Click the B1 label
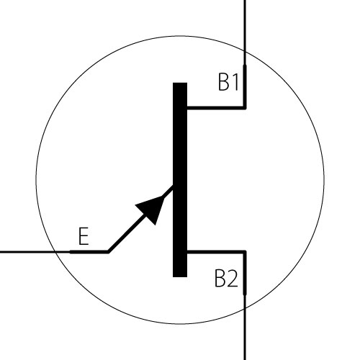pyautogui.click(x=228, y=82)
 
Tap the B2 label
pyautogui.click(x=226, y=279)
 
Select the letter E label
pyautogui.click(x=84, y=236)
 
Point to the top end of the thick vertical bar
pyautogui.click(x=180, y=83)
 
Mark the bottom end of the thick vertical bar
pyautogui.click(x=180, y=276)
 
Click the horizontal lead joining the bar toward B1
pyautogui.click(x=216, y=108)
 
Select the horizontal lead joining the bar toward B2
pyautogui.click(x=216, y=252)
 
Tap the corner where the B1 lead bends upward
pyautogui.click(x=245, y=108)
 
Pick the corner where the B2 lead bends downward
pyautogui.click(x=245, y=252)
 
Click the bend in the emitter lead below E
pyautogui.click(x=108, y=252)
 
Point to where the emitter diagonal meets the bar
pyautogui.click(x=173, y=186)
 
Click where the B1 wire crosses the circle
pyautogui.click(x=245, y=52)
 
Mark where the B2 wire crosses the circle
pyautogui.click(x=245, y=308)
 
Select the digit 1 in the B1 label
pyautogui.click(x=235, y=82)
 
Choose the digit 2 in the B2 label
pyautogui.click(x=233, y=279)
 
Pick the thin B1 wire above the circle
pyautogui.click(x=245, y=26)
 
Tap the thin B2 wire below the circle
pyautogui.click(x=245, y=334)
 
